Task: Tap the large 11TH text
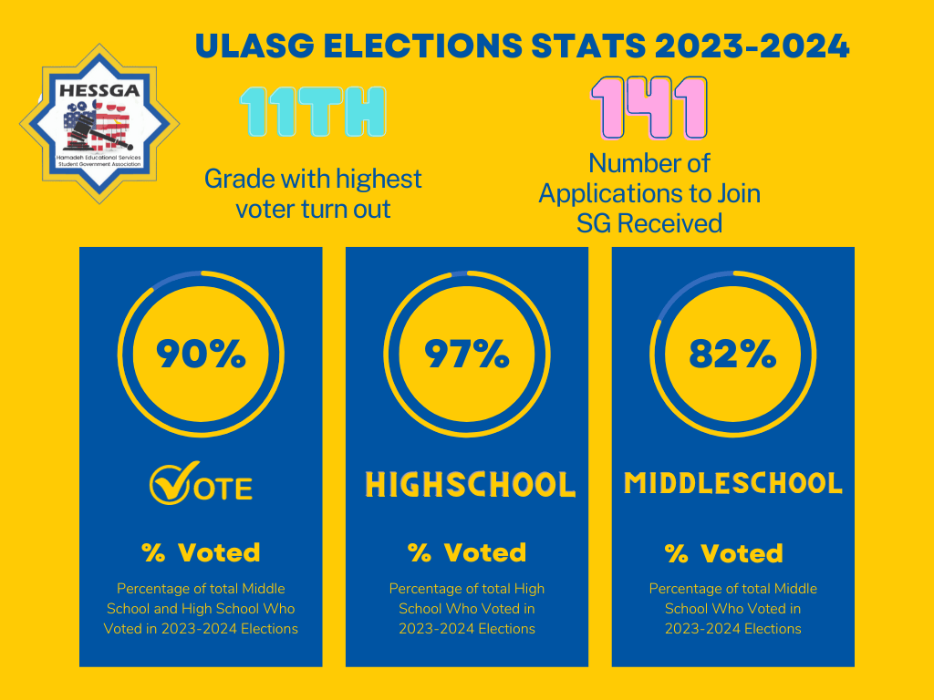click(x=313, y=113)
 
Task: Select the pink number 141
click(x=649, y=108)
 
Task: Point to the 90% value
click(x=201, y=354)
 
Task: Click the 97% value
click(x=466, y=354)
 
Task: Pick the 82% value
click(x=732, y=354)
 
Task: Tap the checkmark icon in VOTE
click(x=169, y=484)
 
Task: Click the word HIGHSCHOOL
click(x=470, y=485)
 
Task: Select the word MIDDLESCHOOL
click(x=732, y=483)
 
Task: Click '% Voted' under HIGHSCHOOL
click(x=466, y=552)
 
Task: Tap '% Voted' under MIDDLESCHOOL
click(x=723, y=553)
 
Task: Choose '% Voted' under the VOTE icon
click(x=201, y=552)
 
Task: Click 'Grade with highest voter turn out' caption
click(x=313, y=193)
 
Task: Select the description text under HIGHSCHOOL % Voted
click(x=466, y=609)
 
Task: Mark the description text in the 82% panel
click(x=732, y=609)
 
